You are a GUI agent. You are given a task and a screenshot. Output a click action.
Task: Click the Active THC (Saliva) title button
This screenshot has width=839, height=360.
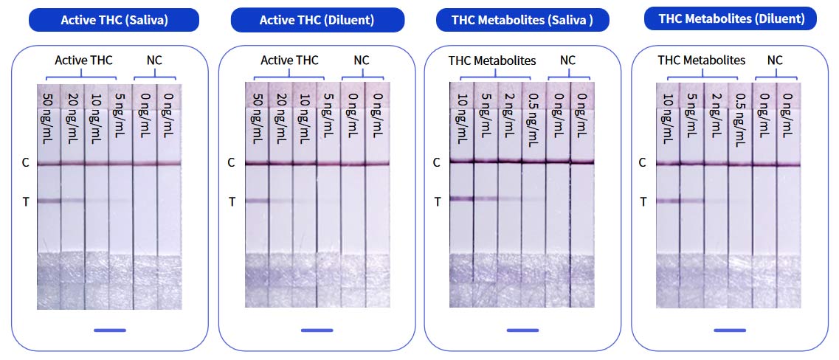(x=114, y=20)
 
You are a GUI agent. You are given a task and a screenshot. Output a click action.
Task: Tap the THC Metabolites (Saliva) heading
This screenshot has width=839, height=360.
(x=522, y=20)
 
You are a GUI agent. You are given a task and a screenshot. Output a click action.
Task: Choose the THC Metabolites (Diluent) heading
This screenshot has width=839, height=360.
(x=730, y=18)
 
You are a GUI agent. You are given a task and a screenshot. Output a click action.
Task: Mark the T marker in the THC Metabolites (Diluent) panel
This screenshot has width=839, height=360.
(x=643, y=201)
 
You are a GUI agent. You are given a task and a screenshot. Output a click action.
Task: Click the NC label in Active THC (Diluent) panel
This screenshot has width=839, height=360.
(x=362, y=60)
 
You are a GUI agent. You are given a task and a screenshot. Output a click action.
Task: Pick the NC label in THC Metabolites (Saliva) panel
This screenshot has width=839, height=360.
(x=567, y=60)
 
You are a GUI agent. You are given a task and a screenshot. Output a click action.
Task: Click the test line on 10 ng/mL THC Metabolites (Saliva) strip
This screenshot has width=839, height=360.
(x=462, y=198)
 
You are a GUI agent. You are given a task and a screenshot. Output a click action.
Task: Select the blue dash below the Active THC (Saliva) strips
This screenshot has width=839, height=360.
(x=110, y=330)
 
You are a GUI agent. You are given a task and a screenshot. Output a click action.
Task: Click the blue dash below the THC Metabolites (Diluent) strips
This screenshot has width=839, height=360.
(x=730, y=330)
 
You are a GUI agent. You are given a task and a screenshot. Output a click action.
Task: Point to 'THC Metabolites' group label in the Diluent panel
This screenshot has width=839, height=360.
(x=701, y=60)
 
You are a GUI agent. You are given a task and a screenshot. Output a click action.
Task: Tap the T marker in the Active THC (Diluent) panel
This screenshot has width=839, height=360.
(x=231, y=201)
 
